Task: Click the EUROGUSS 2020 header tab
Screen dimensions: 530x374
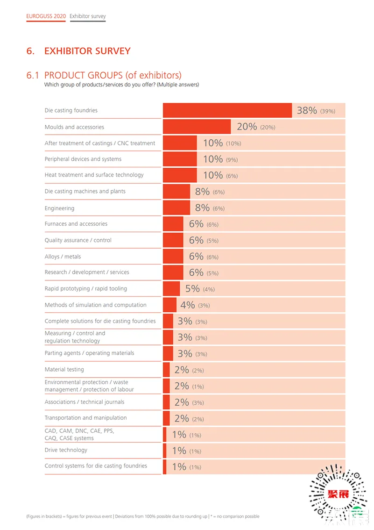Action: pos(46,16)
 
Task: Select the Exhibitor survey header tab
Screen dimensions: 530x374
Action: pos(88,16)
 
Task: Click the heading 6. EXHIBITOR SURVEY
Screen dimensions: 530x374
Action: pos(78,51)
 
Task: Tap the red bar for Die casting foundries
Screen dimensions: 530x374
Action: pos(227,111)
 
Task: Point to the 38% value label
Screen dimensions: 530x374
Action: pos(307,111)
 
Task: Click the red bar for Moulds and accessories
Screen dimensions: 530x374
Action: pos(197,127)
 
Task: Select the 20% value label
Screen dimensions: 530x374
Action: pos(247,127)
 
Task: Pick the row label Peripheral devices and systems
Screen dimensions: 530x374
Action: pos(83,159)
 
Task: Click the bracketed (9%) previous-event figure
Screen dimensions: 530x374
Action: pos(232,160)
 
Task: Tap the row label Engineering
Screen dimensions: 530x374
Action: pos(59,208)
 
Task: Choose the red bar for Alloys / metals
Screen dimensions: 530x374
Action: pos(173,256)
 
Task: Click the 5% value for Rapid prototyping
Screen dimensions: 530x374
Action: pos(192,289)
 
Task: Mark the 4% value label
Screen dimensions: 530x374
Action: pos(187,305)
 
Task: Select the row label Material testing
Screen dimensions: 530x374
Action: pos(64,369)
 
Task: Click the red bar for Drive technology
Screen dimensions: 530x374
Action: pos(165,451)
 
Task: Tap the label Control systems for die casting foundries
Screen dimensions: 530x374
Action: pos(96,466)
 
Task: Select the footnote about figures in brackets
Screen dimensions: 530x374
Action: pos(142,516)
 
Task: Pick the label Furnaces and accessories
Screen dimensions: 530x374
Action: pos(76,224)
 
